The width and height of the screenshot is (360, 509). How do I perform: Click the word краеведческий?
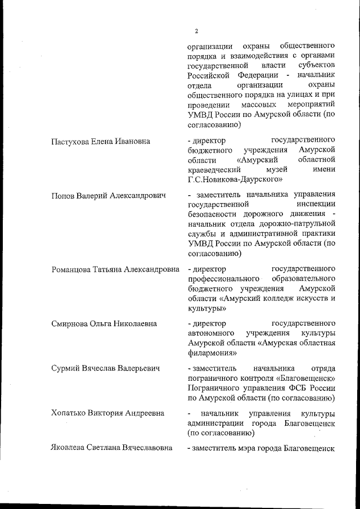[x=214, y=169]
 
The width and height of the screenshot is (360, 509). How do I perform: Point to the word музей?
[x=270, y=169]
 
